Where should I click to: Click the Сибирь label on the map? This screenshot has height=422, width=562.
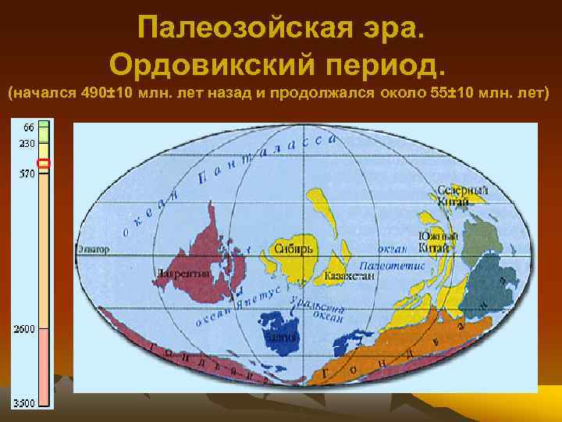[x=293, y=248]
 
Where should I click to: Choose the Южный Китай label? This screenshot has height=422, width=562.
[x=432, y=242]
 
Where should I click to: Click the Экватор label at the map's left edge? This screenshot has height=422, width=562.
[x=93, y=249]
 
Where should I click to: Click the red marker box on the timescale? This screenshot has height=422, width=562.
[x=44, y=163]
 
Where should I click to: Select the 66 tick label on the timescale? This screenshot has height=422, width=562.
[x=28, y=127]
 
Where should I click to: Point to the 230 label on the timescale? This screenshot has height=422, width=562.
[x=27, y=143]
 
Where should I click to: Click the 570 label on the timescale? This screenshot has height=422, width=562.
[x=27, y=174]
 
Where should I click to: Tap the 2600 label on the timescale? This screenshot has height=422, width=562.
[x=25, y=329]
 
